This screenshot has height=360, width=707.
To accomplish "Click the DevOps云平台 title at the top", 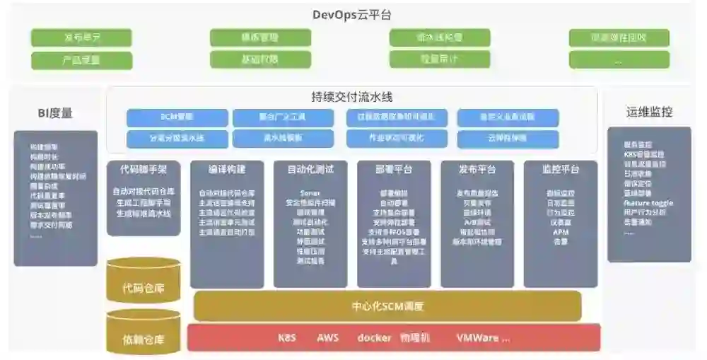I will pyautogui.click(x=351, y=14).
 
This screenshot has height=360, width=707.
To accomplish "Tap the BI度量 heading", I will pyautogui.click(x=54, y=112).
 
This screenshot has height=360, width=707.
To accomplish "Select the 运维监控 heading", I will pyautogui.click(x=648, y=112).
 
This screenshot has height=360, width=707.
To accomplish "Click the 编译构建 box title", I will pyautogui.click(x=226, y=170).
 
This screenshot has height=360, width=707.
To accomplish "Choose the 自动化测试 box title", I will pyautogui.click(x=310, y=170).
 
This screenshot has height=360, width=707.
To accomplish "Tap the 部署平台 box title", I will pyautogui.click(x=393, y=170).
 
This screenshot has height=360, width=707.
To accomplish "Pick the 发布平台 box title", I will pyautogui.click(x=477, y=170).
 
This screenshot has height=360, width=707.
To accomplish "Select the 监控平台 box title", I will pyautogui.click(x=560, y=170).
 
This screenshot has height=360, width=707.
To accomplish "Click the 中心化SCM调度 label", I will pyautogui.click(x=387, y=306).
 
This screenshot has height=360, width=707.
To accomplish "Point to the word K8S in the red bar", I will pyautogui.click(x=287, y=337).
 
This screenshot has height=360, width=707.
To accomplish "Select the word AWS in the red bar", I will pyautogui.click(x=327, y=337).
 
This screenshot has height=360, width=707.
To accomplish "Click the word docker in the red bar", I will pyautogui.click(x=374, y=337).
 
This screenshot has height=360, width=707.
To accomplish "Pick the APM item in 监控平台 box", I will pyautogui.click(x=560, y=231).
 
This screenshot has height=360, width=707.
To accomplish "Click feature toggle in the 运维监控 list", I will pyautogui.click(x=648, y=202).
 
